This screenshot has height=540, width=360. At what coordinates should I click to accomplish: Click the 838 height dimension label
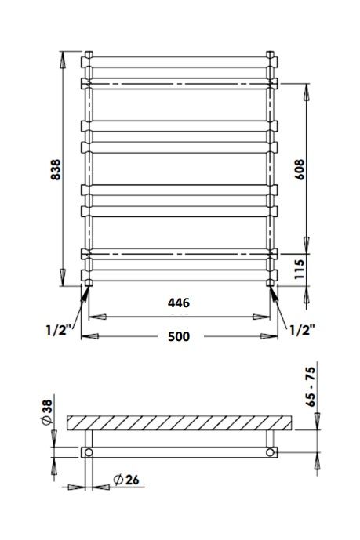56,169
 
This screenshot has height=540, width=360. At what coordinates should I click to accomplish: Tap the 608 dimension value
300,169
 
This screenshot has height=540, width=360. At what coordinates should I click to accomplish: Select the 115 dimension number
300,270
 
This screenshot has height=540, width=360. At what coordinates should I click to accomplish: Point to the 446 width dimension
179,303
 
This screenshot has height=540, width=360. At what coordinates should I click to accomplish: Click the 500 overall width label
179,336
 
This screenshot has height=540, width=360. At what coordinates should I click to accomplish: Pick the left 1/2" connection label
59,330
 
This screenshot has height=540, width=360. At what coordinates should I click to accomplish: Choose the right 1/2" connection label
302,330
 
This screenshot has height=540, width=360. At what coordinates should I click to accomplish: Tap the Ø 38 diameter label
47,411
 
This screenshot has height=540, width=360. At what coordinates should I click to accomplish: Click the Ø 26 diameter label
126,480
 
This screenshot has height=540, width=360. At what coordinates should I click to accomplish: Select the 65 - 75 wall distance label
311,386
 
